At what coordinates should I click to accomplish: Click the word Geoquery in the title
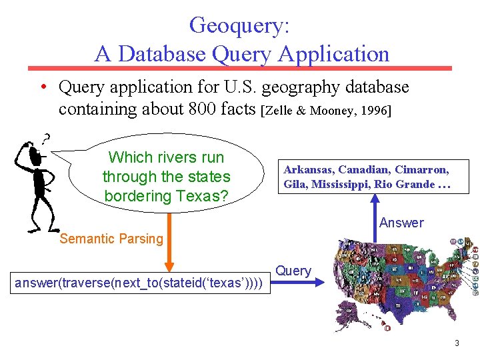[239, 25]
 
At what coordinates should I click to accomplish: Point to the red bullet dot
[42, 87]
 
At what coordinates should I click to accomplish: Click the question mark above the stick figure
[45, 139]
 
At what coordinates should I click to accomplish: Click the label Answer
[401, 223]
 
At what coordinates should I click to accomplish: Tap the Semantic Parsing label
[111, 239]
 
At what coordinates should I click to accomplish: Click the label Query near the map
[293, 271]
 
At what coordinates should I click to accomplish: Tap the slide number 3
[457, 343]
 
